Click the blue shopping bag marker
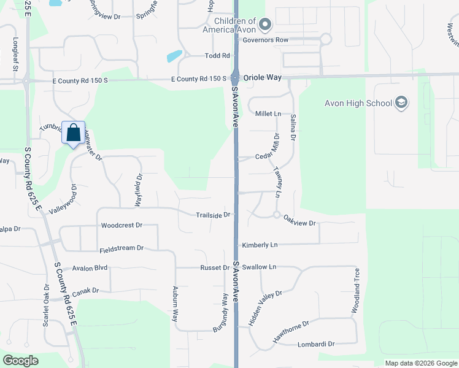73,133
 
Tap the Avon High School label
358,103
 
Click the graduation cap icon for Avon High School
401,102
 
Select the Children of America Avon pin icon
265,25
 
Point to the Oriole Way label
262,78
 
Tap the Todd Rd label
217,56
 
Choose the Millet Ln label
268,114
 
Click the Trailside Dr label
213,215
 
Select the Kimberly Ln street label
260,245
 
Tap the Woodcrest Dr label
121,226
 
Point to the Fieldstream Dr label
121,248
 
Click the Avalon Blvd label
90,268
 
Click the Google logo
20,361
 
